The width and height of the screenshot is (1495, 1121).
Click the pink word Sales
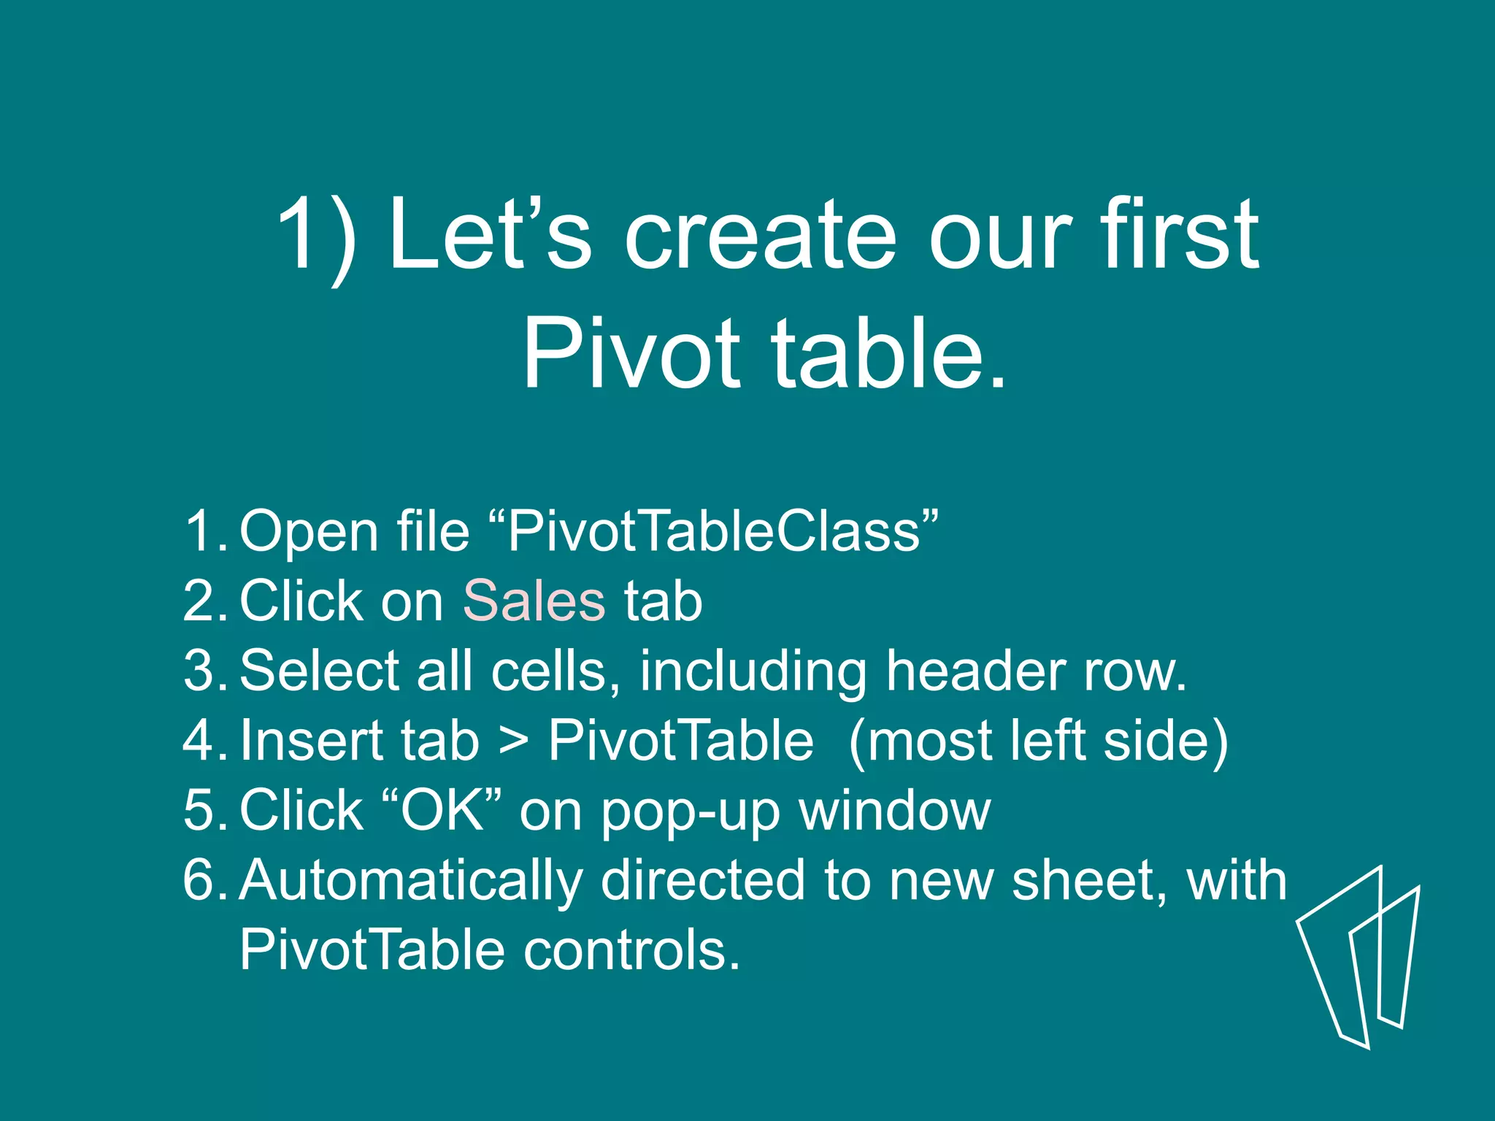click(534, 601)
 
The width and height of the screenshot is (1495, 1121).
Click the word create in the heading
click(759, 235)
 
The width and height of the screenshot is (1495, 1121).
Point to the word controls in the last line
click(632, 949)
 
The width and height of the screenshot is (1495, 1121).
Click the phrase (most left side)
click(1038, 741)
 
